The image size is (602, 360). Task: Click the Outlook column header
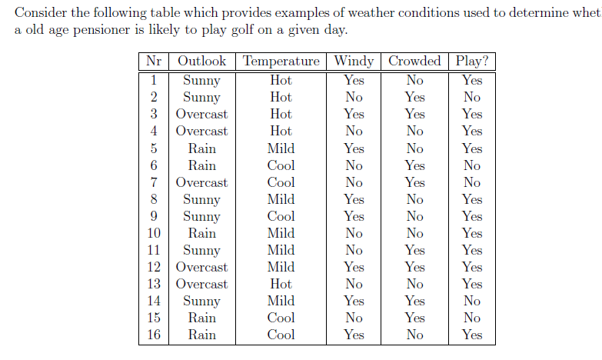point(201,62)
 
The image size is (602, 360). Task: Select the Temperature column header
point(281,62)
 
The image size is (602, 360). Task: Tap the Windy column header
point(354,62)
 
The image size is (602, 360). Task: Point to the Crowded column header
point(414,62)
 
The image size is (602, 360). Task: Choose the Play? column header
point(472,62)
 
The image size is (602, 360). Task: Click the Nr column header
point(154,62)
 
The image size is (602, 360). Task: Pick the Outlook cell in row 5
point(201,148)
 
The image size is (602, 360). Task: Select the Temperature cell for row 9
point(281,216)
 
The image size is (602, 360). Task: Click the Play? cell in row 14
point(472,301)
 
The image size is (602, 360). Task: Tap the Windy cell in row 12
point(354,267)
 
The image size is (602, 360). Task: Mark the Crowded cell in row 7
point(414,182)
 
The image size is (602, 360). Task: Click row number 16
point(154,335)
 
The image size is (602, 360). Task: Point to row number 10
point(154,233)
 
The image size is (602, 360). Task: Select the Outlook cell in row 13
point(201,284)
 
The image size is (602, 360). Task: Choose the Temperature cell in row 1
point(281,80)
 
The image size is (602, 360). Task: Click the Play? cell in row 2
point(472,97)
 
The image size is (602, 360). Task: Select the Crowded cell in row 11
point(414,250)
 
